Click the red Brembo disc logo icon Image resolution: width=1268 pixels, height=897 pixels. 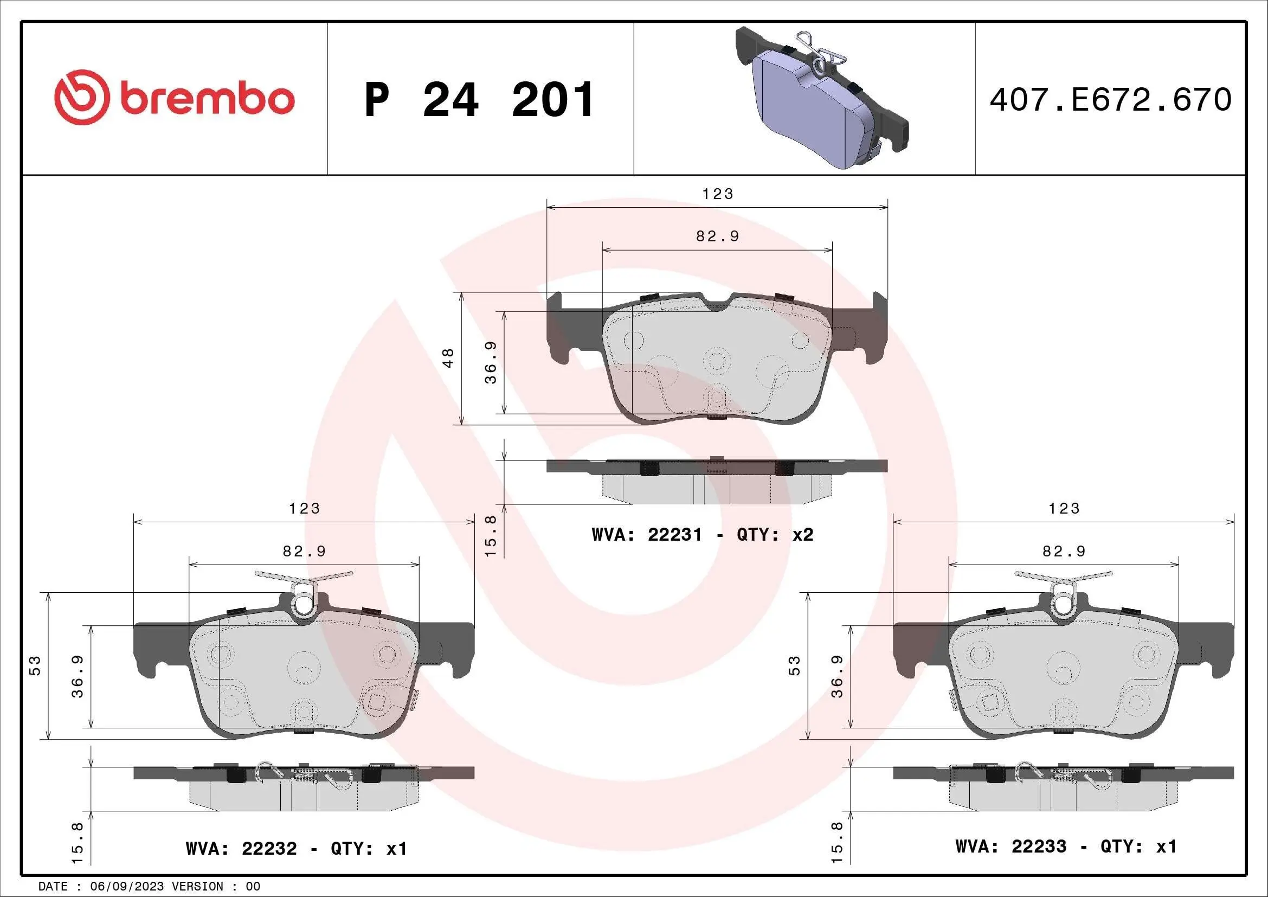click(80, 97)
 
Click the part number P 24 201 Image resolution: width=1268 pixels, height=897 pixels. click(479, 100)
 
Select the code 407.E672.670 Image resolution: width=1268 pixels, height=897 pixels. click(1110, 100)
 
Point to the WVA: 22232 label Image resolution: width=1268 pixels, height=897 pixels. click(241, 848)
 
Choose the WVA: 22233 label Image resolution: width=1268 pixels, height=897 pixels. click(1010, 846)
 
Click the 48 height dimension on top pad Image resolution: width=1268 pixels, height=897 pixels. click(448, 358)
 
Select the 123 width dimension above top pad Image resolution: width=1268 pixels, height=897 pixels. click(717, 194)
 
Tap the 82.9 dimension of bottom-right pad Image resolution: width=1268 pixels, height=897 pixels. click(1064, 551)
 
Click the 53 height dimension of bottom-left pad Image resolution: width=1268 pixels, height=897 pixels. click(35, 665)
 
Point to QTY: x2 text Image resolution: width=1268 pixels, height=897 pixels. click(775, 535)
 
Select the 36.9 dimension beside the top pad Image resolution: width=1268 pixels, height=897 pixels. click(491, 362)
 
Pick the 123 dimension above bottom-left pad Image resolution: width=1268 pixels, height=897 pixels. click(304, 508)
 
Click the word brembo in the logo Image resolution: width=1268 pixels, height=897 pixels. click(208, 99)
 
